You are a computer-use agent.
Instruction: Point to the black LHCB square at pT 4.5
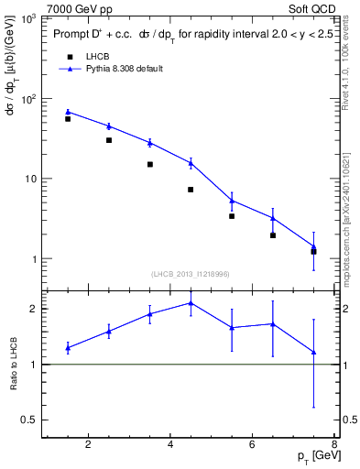191,190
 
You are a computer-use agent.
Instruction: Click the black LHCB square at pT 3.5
149,165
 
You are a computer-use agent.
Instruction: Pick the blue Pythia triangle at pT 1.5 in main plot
68,112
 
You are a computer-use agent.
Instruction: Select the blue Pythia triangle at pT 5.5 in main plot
232,200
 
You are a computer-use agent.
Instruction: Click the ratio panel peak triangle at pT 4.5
191,302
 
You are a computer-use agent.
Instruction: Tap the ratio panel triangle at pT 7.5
314,352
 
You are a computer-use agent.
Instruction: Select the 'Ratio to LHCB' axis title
13,365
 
